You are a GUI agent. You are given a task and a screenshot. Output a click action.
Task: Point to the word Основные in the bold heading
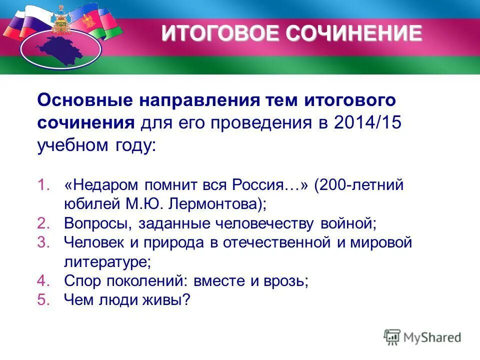82,100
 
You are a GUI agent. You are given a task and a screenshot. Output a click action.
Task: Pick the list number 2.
43,223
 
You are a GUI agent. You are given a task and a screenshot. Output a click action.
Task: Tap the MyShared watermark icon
392,337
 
